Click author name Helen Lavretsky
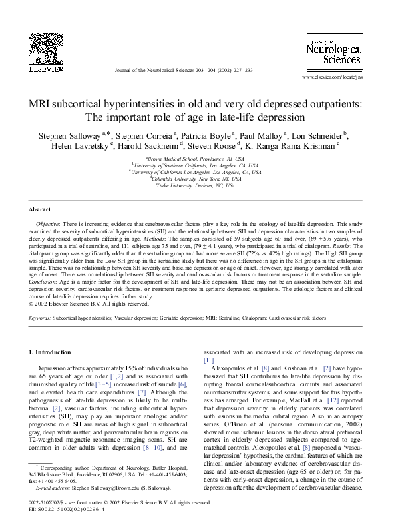pos(79,146)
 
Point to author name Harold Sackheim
pos(152,146)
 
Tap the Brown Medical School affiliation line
pos(198,159)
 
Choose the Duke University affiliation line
pos(198,185)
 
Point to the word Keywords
pos(40,319)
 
